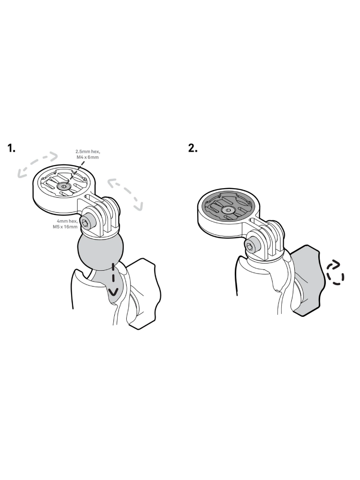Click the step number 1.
[x=12, y=148]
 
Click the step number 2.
[x=193, y=148]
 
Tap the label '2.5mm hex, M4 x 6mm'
[x=87, y=154]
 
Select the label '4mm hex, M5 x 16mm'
[x=65, y=224]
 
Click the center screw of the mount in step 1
[x=64, y=186]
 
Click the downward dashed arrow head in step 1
[x=113, y=293]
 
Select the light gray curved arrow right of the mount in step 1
[x=125, y=192]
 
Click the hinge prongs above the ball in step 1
[x=106, y=214]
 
